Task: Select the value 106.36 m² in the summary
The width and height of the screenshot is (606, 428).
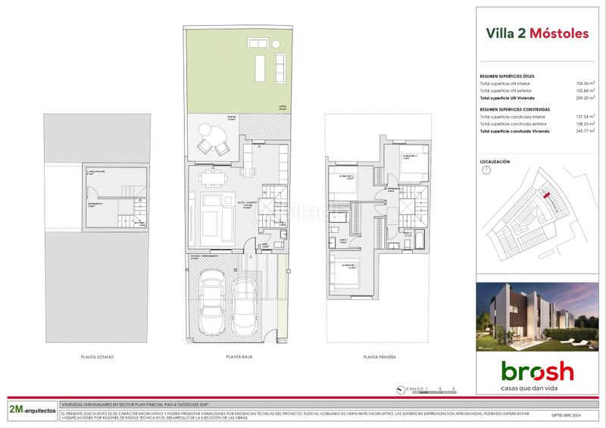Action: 583,84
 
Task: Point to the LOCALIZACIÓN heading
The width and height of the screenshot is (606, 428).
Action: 495,162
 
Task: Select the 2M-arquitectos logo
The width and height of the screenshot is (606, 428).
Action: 31,409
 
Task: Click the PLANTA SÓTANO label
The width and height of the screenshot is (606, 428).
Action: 97,356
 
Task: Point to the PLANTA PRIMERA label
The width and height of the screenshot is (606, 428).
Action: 379,356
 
